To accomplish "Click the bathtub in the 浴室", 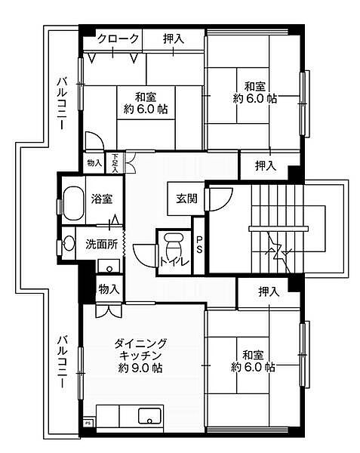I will (73, 202).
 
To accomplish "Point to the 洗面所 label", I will (100, 244).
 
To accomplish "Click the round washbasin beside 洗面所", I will (69, 243).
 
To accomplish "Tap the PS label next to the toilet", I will (200, 245).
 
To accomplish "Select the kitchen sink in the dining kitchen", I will (148, 416).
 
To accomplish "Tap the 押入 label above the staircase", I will (265, 165).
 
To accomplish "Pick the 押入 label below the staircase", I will (268, 291).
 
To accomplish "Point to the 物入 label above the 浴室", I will (94, 163).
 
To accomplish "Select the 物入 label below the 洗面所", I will (109, 288).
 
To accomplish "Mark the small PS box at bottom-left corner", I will (88, 424).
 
